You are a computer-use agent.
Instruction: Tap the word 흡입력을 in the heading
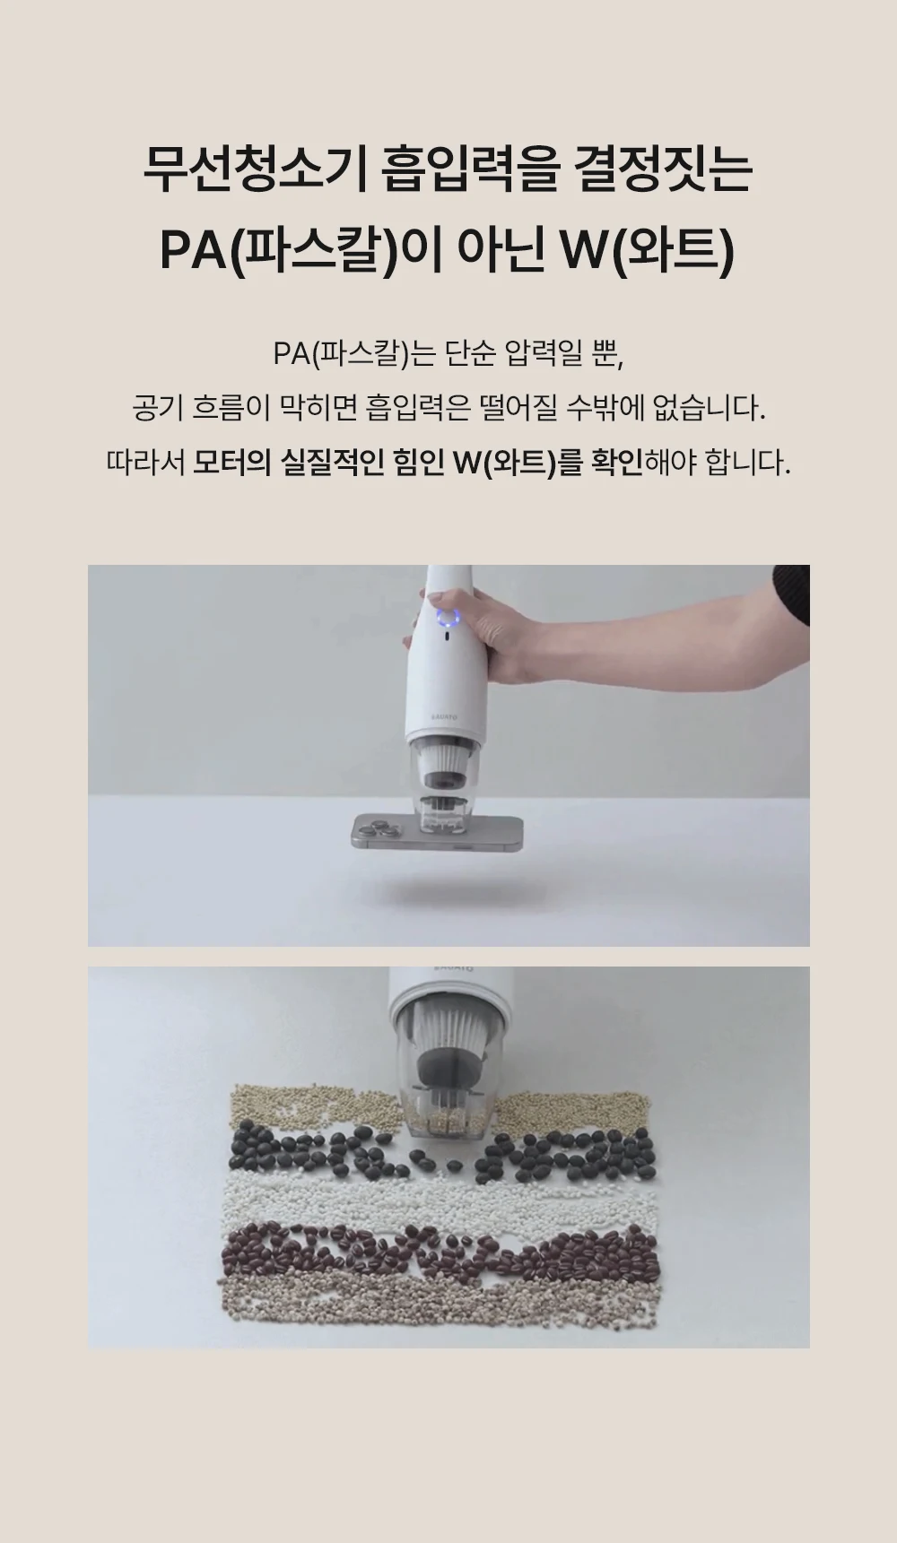coord(469,170)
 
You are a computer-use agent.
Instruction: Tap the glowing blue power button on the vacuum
coord(448,619)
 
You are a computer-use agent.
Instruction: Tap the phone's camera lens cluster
coord(381,828)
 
